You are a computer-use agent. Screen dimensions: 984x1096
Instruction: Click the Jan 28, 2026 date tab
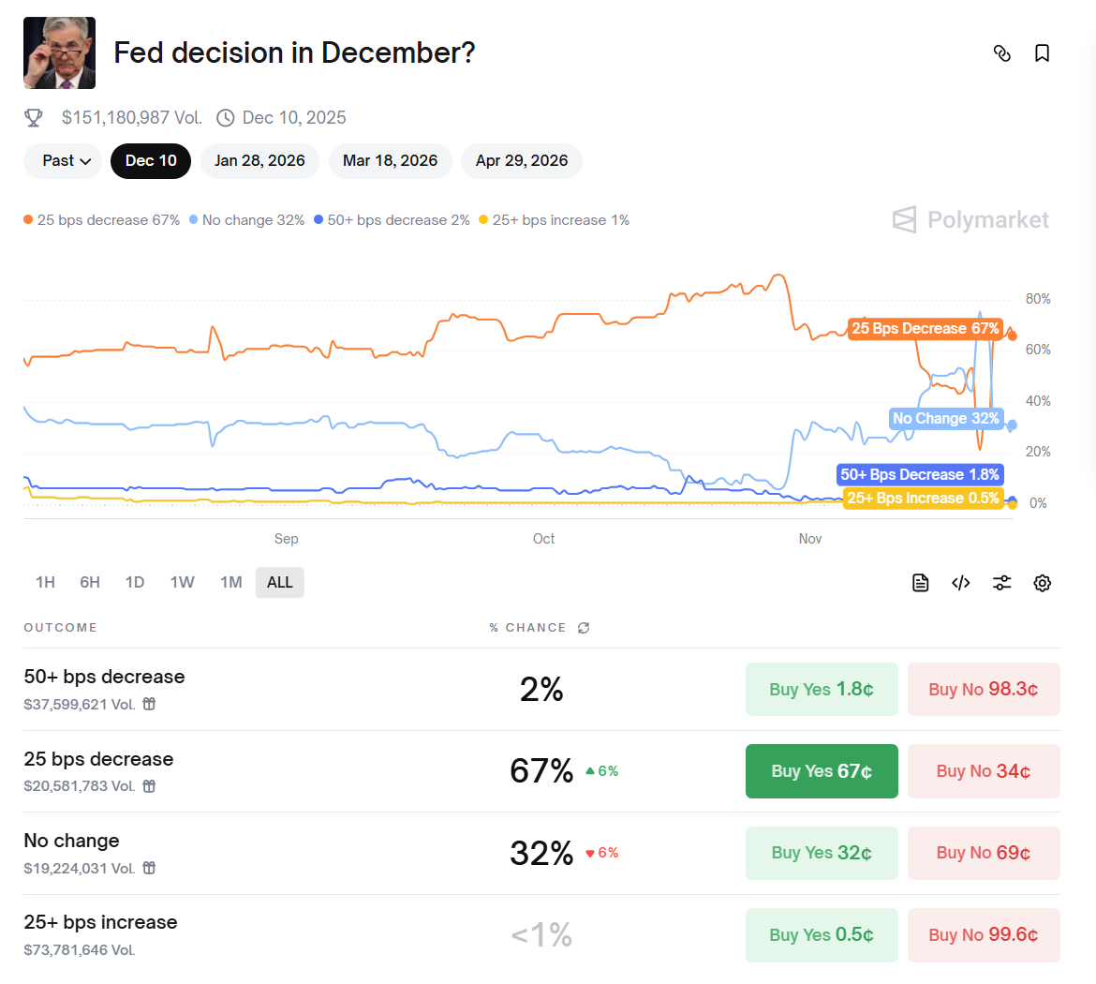(x=259, y=161)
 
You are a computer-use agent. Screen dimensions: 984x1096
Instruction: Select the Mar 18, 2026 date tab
(x=390, y=161)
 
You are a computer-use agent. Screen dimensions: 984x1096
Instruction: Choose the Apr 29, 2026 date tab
(x=522, y=161)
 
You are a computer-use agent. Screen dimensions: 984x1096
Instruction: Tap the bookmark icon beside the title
(x=1042, y=53)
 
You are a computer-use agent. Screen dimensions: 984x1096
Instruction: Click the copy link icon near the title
(x=1001, y=53)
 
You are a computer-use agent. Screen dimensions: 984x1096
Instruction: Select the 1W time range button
(x=182, y=583)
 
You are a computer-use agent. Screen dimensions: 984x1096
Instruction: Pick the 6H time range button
(x=90, y=583)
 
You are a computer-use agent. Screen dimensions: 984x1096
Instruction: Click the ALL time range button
(x=279, y=583)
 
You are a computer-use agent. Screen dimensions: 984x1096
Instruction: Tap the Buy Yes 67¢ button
(x=822, y=771)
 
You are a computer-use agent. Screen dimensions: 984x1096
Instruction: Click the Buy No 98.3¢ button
(x=984, y=690)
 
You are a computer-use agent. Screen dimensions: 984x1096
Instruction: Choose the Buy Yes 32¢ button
(x=822, y=853)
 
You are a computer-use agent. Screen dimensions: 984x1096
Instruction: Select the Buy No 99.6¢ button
(x=984, y=935)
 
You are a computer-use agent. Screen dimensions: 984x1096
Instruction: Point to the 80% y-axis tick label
(x=1038, y=300)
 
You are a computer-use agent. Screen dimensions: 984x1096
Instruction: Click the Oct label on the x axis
(x=543, y=539)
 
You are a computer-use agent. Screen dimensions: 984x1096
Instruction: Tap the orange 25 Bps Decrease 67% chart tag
(x=925, y=329)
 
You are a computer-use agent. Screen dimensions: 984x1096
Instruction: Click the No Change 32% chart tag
(x=945, y=419)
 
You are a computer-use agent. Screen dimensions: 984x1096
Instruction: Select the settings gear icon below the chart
(x=1042, y=583)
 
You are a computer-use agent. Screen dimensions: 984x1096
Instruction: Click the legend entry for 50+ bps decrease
(x=392, y=220)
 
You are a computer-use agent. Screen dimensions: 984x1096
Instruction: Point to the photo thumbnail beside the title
(x=59, y=53)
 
